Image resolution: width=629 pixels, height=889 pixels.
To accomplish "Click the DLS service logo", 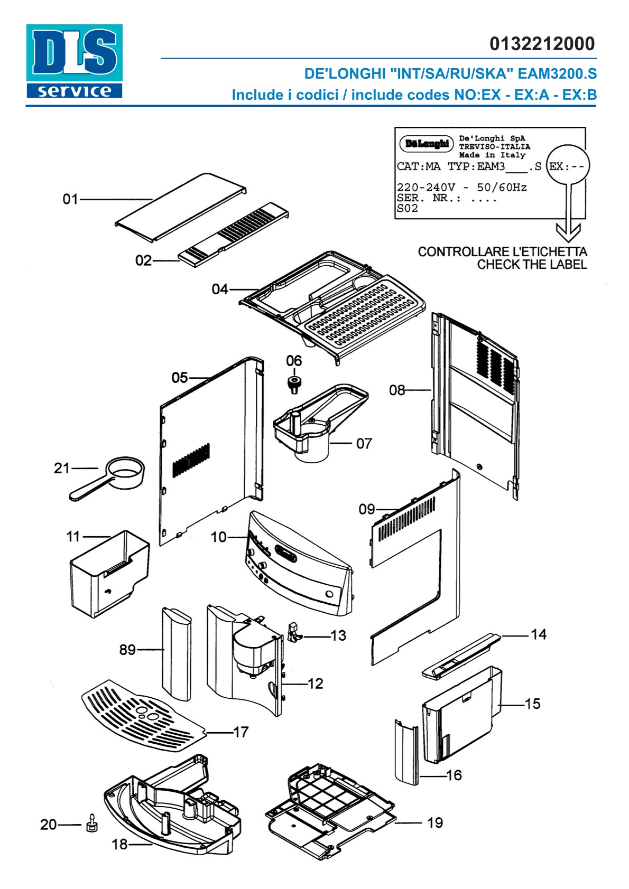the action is point(74,61).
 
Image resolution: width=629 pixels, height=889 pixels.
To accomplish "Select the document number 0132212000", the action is point(542,44).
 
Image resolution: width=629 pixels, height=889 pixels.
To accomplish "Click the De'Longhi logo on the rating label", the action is point(427,144).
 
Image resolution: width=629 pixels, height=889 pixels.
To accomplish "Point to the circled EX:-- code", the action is point(568,166).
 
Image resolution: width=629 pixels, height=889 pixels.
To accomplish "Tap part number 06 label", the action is point(294,361).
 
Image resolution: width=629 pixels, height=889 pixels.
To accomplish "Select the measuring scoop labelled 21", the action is point(107,478).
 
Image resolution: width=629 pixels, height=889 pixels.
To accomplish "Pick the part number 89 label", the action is point(127,650).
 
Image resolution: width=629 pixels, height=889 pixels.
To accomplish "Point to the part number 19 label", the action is point(435,823).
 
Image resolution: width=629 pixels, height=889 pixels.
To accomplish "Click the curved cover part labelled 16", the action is point(406,752).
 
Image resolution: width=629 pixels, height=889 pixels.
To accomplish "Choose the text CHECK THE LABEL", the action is point(532,264).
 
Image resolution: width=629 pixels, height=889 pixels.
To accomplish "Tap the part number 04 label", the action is point(219,289).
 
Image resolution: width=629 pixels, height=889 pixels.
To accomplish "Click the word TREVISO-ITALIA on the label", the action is point(494,146).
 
